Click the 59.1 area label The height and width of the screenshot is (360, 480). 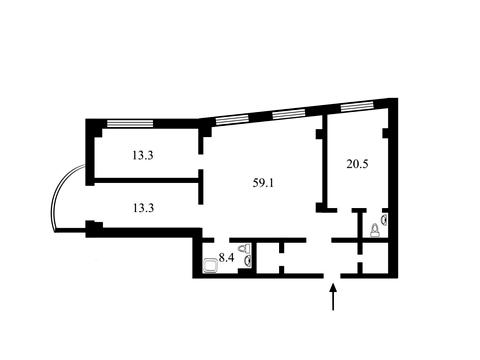(x=263, y=183)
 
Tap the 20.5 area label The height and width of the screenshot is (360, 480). (x=357, y=164)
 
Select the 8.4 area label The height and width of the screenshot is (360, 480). (x=226, y=257)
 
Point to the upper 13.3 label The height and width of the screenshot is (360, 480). (x=143, y=155)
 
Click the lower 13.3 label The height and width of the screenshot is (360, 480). (x=143, y=208)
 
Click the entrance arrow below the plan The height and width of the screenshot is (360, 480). (x=333, y=297)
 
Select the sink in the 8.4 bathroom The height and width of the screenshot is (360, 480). (x=248, y=261)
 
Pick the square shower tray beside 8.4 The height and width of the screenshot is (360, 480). (x=210, y=266)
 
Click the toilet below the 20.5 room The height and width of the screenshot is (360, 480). (x=375, y=230)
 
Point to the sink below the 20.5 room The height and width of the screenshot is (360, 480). (x=384, y=220)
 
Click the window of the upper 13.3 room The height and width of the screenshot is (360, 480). (x=130, y=124)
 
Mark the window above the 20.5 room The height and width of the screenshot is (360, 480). (x=356, y=107)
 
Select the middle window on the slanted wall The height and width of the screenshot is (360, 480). (x=289, y=115)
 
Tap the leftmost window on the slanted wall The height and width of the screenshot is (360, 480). (x=232, y=120)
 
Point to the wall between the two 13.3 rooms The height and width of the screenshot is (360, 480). (x=147, y=180)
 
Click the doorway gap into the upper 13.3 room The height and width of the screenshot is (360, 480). (x=201, y=162)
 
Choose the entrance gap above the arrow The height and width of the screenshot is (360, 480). (x=332, y=276)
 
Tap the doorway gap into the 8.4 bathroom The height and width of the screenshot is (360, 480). (x=222, y=240)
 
